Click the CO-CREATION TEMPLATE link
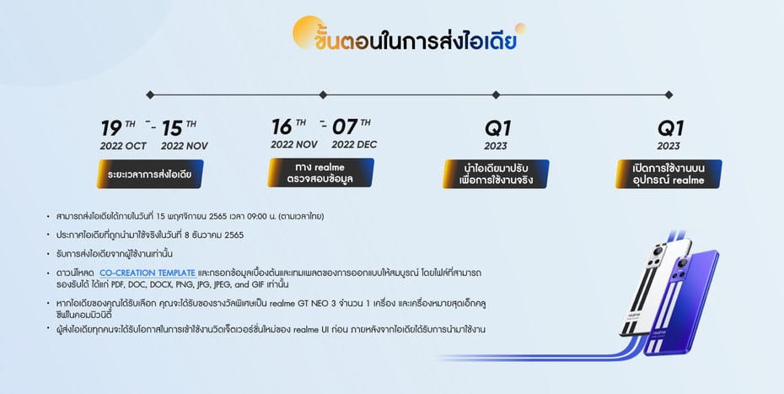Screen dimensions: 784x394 pyautogui.click(x=148, y=273)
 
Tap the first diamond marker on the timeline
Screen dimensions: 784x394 pyautogui.click(x=150, y=94)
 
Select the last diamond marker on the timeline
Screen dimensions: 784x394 pyautogui.click(x=669, y=94)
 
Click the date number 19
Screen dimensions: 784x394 pyautogui.click(x=111, y=129)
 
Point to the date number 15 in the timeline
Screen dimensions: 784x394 pyautogui.click(x=172, y=129)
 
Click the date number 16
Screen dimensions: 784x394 pyautogui.click(x=282, y=127)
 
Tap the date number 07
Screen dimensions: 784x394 pyautogui.click(x=345, y=127)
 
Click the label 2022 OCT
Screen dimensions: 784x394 pyautogui.click(x=123, y=146)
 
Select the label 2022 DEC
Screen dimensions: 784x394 pyautogui.click(x=355, y=144)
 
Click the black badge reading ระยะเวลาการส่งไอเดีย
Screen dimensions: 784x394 pyautogui.click(x=150, y=175)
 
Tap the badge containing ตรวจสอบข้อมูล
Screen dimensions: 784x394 pyautogui.click(x=320, y=173)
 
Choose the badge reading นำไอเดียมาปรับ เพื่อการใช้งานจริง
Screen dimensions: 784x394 pyautogui.click(x=496, y=175)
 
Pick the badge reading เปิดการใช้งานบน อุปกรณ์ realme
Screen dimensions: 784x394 pyautogui.click(x=669, y=175)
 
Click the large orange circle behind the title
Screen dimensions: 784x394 pyautogui.click(x=307, y=32)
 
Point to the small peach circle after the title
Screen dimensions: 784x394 pyautogui.click(x=520, y=29)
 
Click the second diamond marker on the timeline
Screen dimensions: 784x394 pyautogui.click(x=323, y=94)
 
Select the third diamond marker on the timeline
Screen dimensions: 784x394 pyautogui.click(x=496, y=94)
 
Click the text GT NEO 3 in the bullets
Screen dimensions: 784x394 pyautogui.click(x=315, y=304)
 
